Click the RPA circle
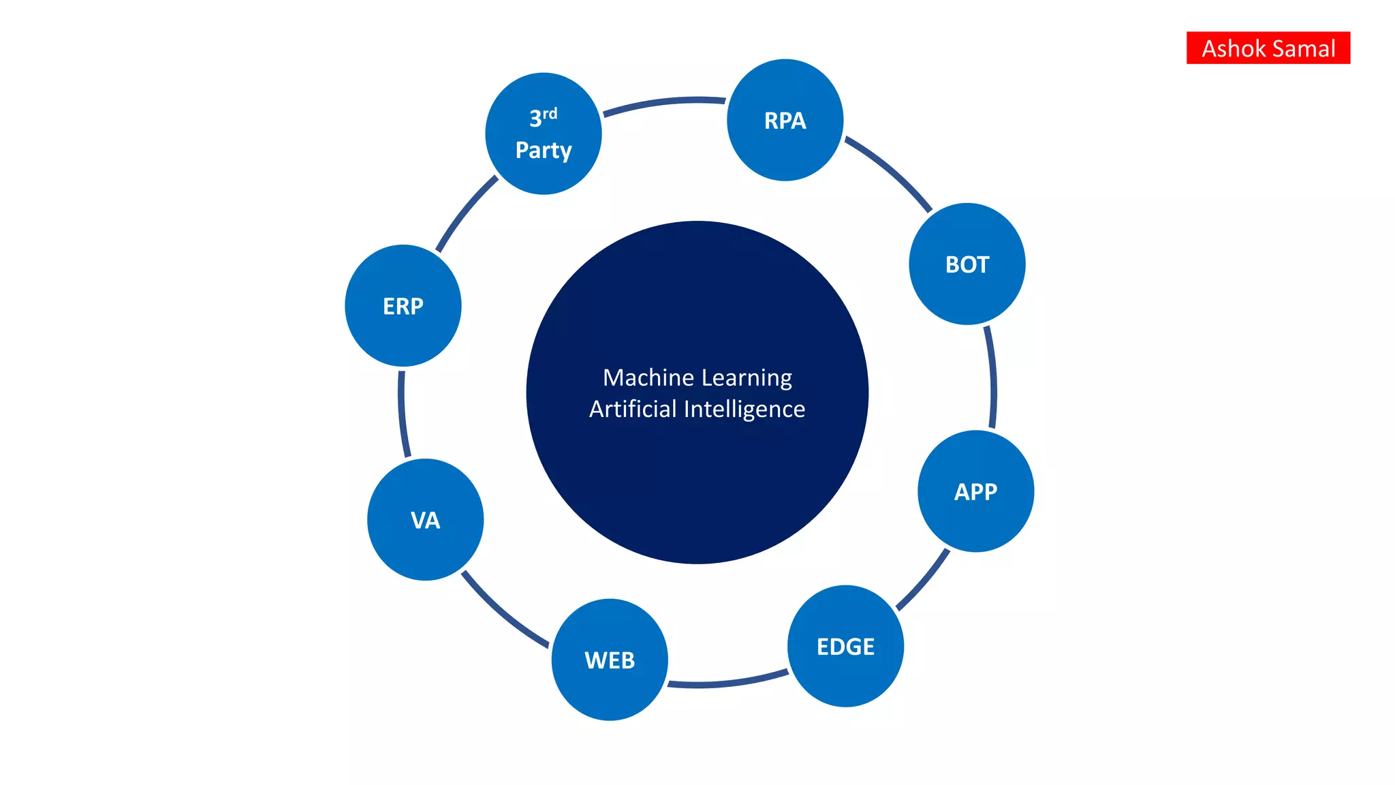tap(785, 120)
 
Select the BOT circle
tap(967, 264)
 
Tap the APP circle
tap(975, 491)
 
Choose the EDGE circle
tap(845, 646)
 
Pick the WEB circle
tap(610, 660)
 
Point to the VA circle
tap(425, 520)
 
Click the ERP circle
tap(403, 306)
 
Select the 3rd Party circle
tap(544, 134)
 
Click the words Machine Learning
tap(697, 378)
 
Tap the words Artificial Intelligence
tap(697, 409)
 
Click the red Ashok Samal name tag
tap(1268, 48)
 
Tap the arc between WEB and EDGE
tap(727, 682)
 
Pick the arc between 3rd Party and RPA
tap(664, 103)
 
